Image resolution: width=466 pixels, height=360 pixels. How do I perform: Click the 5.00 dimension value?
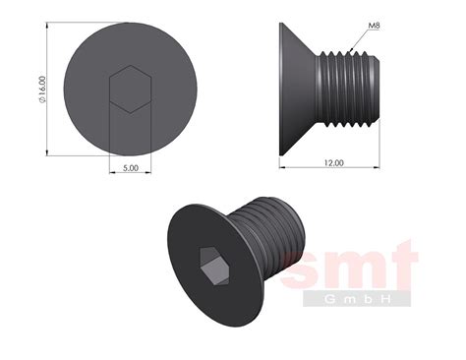[132, 168]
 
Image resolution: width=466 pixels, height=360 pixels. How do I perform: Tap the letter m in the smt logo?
[353, 270]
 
